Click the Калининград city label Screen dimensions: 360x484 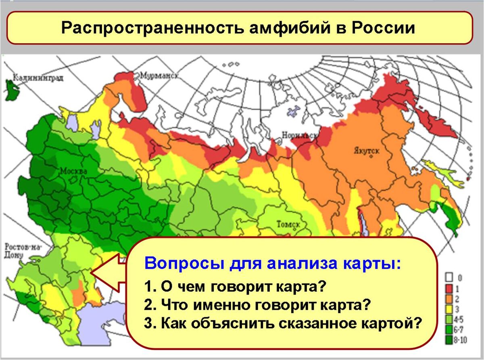(38, 78)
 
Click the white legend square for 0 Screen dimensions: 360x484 (449, 278)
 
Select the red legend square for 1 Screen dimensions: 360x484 (449, 288)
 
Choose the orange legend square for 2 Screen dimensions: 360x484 (449, 299)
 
